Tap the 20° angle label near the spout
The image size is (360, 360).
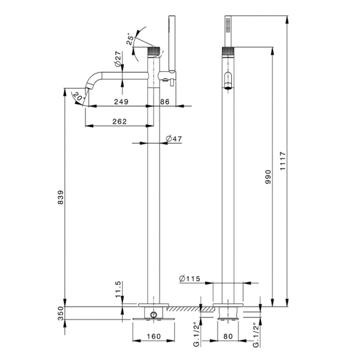pos(77,96)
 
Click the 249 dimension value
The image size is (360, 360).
pos(121,102)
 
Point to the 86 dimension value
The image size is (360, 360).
pos(165,102)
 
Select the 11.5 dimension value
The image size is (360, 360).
pos(118,289)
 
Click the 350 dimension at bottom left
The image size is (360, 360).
pos(61,313)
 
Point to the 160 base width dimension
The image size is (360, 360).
pos(154,337)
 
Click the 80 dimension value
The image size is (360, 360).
pos(229,337)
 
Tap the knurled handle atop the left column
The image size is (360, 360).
pos(154,52)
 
